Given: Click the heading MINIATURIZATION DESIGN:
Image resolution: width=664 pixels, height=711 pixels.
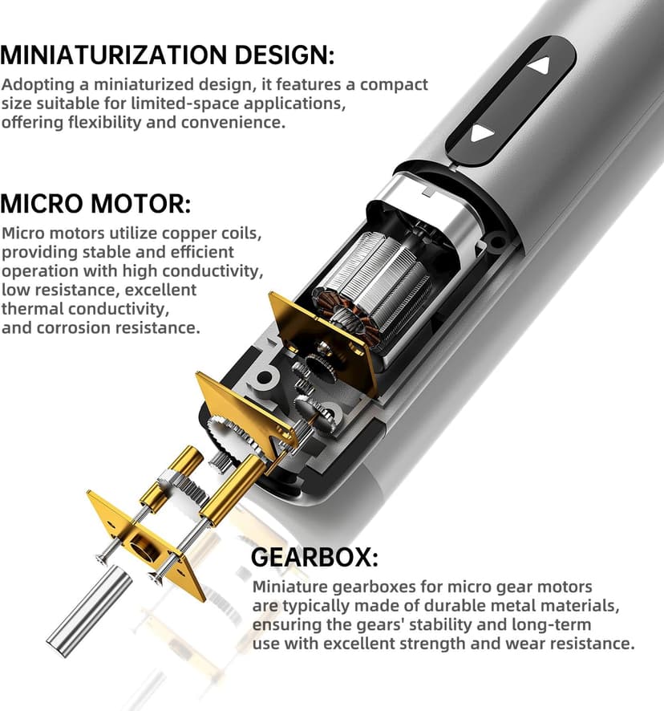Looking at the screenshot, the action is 168,55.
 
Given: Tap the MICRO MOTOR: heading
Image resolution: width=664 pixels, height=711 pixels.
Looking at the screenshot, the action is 95,204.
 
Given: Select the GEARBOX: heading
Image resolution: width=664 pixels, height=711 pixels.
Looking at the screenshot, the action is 314,557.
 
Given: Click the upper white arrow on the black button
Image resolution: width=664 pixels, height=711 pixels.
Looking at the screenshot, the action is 540,65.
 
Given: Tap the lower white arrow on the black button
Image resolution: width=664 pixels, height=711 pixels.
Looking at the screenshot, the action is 482,134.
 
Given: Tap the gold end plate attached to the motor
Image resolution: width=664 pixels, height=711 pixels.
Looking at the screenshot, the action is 322,344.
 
